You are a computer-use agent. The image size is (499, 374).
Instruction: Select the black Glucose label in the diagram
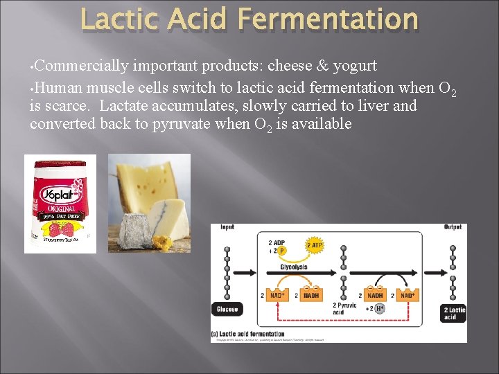coord(227,309)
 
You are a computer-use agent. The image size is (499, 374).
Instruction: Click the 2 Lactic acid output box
coord(454,312)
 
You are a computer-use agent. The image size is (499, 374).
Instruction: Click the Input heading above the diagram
coord(227,228)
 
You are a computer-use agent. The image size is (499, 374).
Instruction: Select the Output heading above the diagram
coord(453,228)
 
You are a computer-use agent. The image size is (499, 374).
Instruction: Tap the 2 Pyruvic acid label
coord(344,308)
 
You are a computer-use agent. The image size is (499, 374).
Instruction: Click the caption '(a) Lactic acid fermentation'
coord(248,334)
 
